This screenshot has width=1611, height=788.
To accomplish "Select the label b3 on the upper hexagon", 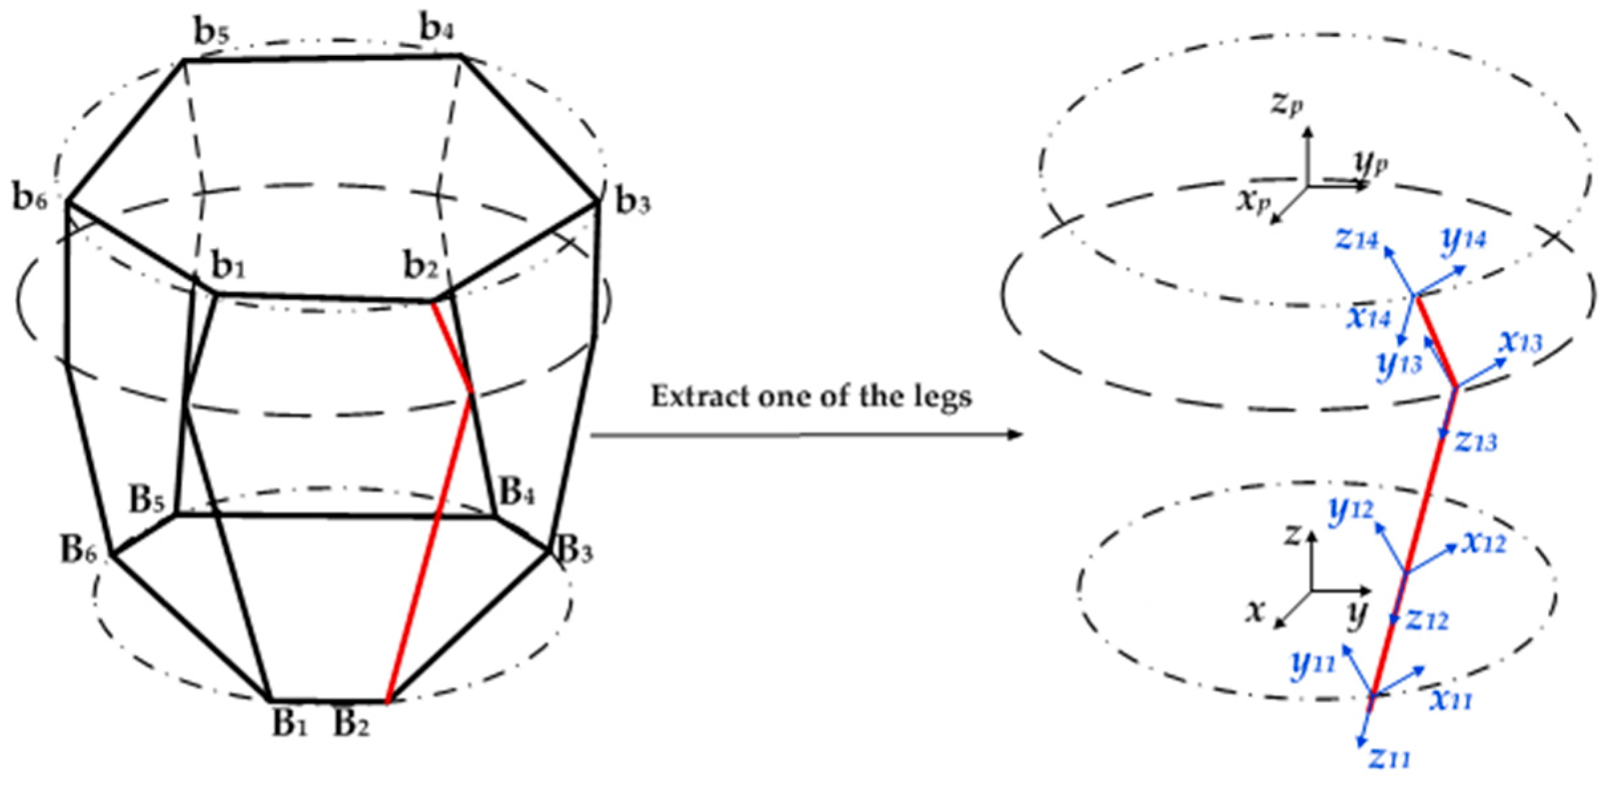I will [633, 201].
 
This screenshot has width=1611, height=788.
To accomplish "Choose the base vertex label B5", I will [146, 500].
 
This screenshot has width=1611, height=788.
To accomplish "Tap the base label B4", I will [516, 493].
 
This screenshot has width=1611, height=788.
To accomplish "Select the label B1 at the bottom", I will [289, 723].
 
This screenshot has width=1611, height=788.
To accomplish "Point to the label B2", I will [350, 723].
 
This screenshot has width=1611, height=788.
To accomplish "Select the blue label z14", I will [1357, 239].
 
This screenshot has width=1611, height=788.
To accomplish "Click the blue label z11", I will [1390, 757].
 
